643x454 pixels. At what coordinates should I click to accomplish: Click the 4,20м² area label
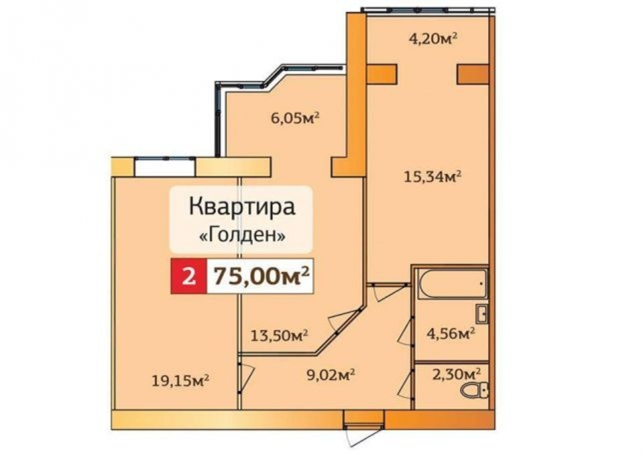433,39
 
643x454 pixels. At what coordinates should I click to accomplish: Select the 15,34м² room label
433,176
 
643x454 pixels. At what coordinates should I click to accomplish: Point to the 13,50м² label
279,335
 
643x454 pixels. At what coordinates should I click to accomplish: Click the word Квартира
242,207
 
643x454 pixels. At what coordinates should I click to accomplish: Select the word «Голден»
243,234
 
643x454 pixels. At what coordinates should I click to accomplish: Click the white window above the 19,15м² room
165,167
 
